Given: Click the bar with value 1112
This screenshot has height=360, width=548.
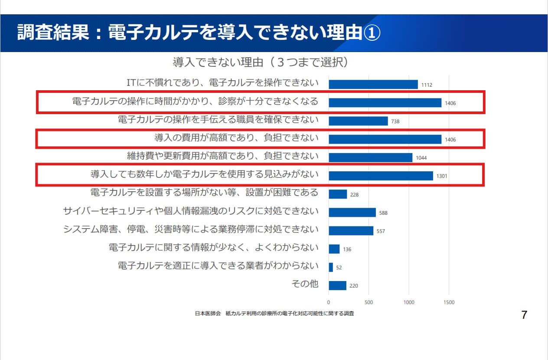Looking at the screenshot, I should click(373, 84).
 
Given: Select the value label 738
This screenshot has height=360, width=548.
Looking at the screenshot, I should click(395, 121).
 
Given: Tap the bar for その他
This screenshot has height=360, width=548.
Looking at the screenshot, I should click(337, 285).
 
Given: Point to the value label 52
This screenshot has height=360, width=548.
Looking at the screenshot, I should click(339, 268).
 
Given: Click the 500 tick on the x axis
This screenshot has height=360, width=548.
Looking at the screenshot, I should click(369, 302).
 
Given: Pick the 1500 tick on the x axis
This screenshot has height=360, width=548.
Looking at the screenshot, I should click(449, 302).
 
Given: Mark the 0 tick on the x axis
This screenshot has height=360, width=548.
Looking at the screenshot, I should click(329, 302).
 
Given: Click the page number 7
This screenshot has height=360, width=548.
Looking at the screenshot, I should click(524, 315).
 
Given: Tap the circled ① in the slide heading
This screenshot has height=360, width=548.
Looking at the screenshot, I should click(371, 33).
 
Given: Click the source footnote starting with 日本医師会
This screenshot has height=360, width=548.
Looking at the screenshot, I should click(274, 313).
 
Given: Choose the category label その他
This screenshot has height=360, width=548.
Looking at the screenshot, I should click(305, 284).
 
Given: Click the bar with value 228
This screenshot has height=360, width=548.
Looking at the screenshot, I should click(338, 194).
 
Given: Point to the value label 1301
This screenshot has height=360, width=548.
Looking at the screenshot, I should click(442, 176).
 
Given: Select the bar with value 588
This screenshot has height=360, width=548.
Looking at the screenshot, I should click(352, 212).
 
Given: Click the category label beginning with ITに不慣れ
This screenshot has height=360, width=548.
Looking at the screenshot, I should click(222, 83).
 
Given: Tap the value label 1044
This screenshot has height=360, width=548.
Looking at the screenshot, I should click(421, 158).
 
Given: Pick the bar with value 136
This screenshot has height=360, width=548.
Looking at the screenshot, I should click(334, 249).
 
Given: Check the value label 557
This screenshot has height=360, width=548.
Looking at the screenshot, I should click(381, 231).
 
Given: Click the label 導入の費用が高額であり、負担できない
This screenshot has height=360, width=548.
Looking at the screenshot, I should click(236, 138).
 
